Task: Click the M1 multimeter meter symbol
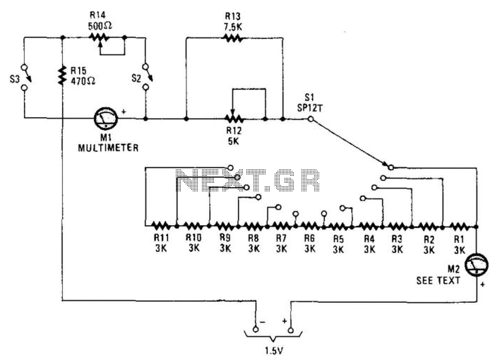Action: coord(106,119)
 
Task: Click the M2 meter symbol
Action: coord(477,265)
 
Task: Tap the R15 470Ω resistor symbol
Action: coord(63,76)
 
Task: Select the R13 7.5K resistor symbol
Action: coord(233,38)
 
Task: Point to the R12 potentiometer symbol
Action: coord(234,119)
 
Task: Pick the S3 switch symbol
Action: coord(25,78)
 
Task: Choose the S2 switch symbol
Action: coord(146,77)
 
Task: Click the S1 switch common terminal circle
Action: coord(311,119)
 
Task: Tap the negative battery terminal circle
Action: coord(256,330)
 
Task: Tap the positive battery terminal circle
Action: coord(291,330)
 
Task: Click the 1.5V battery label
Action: coord(274,350)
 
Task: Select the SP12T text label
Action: coord(310,108)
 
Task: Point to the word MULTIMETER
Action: coord(108,148)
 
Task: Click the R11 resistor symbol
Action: coord(161,226)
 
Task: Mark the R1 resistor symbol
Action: coord(459,227)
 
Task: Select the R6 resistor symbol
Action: coord(310,226)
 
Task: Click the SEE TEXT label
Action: coord(439,280)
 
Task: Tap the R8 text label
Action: coord(254,238)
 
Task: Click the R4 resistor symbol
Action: coord(367,226)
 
